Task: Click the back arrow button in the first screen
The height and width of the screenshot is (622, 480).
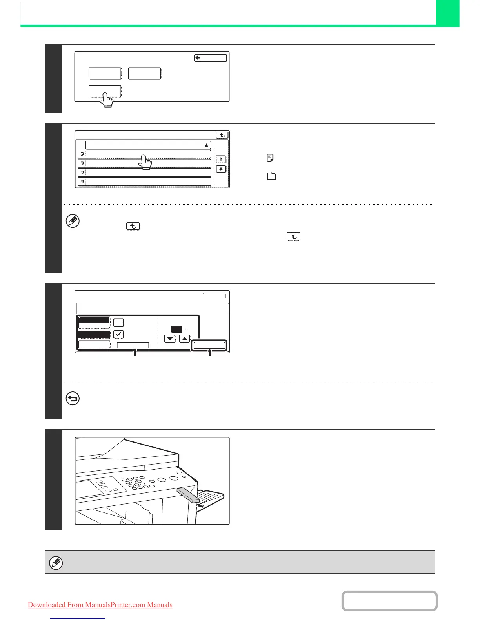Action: pos(211,58)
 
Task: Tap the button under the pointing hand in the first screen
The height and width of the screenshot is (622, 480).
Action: pos(105,91)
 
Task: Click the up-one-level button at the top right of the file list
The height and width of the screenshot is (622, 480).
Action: pos(222,135)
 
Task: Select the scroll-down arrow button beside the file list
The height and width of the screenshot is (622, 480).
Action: pos(221,169)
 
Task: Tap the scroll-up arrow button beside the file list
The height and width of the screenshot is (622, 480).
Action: pos(221,159)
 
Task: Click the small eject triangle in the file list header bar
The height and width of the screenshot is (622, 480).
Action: pos(207,145)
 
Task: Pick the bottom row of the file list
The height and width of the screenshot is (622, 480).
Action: pos(144,181)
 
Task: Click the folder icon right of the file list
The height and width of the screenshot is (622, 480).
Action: pos(271,176)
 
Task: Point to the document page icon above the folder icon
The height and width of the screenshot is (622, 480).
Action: pos(270,158)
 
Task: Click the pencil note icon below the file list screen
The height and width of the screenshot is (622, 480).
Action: pos(73,221)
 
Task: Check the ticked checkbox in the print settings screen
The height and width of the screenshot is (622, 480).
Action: pos(118,334)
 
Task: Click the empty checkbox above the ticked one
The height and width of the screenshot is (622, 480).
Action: pos(118,322)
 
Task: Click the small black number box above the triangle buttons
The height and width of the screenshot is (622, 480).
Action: pos(176,329)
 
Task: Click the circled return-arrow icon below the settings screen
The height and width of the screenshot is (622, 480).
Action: pos(73,399)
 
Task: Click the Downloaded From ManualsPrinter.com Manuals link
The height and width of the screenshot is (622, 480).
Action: pos(100,605)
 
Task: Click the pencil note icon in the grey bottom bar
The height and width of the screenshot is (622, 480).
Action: pos(56,563)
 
